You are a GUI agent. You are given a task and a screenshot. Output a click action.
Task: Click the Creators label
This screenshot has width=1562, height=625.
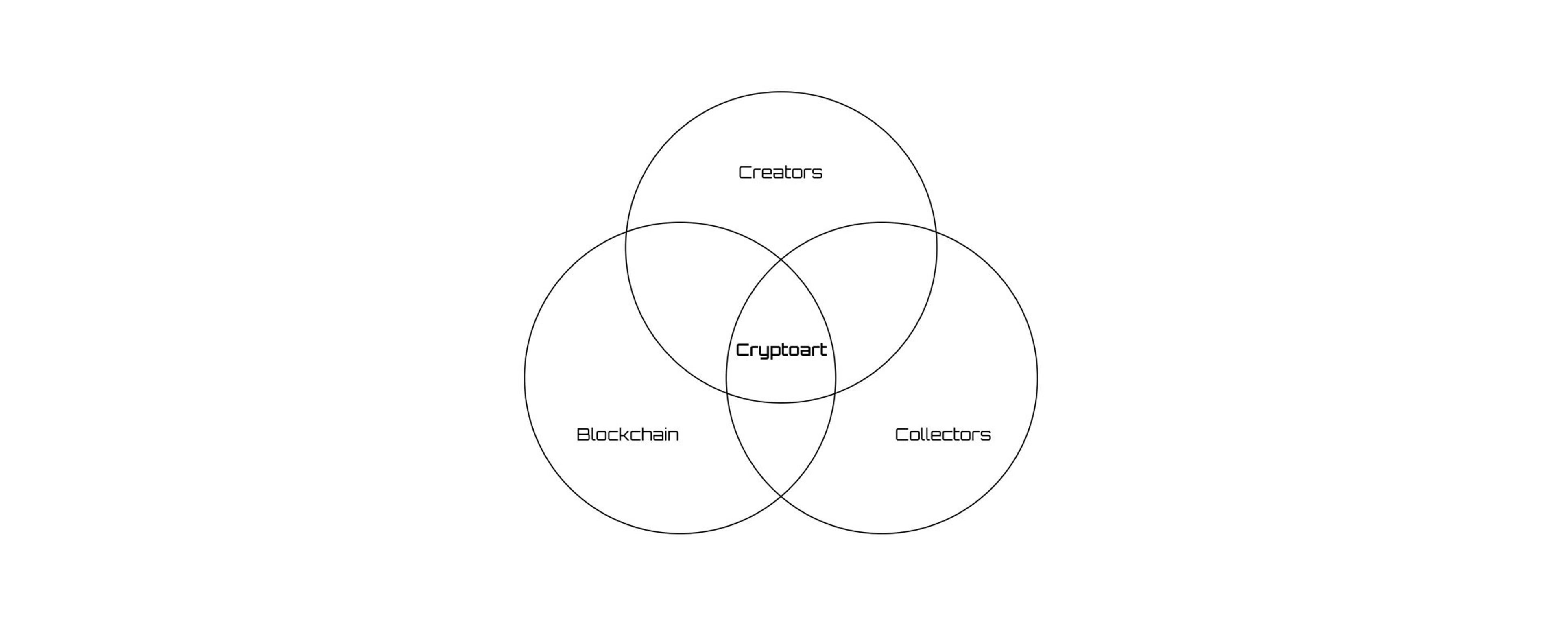(781, 173)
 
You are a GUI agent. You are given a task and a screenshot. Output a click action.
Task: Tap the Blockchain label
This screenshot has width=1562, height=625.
(628, 435)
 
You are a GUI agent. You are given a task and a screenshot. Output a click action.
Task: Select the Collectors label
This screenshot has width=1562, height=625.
(943, 435)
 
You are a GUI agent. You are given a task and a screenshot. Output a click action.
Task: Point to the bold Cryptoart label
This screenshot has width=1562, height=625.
(781, 350)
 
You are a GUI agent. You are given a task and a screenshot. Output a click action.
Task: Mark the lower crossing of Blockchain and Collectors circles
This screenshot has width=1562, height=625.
(781, 496)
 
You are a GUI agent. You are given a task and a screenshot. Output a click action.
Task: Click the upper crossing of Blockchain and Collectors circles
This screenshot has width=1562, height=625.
(781, 260)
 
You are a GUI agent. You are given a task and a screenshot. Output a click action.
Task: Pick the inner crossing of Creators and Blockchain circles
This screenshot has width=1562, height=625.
(835, 393)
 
